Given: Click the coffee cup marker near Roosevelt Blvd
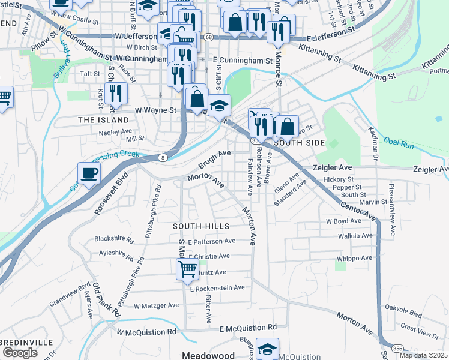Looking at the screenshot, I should [x=89, y=174].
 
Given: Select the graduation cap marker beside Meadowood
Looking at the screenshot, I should [x=267, y=349].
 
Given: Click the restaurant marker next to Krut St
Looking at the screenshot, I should [x=116, y=93].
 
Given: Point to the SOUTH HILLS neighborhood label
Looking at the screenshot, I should [x=201, y=226].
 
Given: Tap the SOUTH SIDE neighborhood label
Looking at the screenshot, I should [x=299, y=143].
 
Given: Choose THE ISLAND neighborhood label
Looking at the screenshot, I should [x=104, y=120].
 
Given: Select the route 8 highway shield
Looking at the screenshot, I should [x=163, y=157].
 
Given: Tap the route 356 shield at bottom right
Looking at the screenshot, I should [x=397, y=348].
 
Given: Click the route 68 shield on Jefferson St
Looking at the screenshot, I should [x=208, y=37].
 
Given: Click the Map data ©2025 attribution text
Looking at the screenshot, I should [x=424, y=355].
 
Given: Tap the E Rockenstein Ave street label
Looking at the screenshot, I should [x=217, y=288].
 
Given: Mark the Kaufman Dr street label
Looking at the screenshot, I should [x=372, y=146].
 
